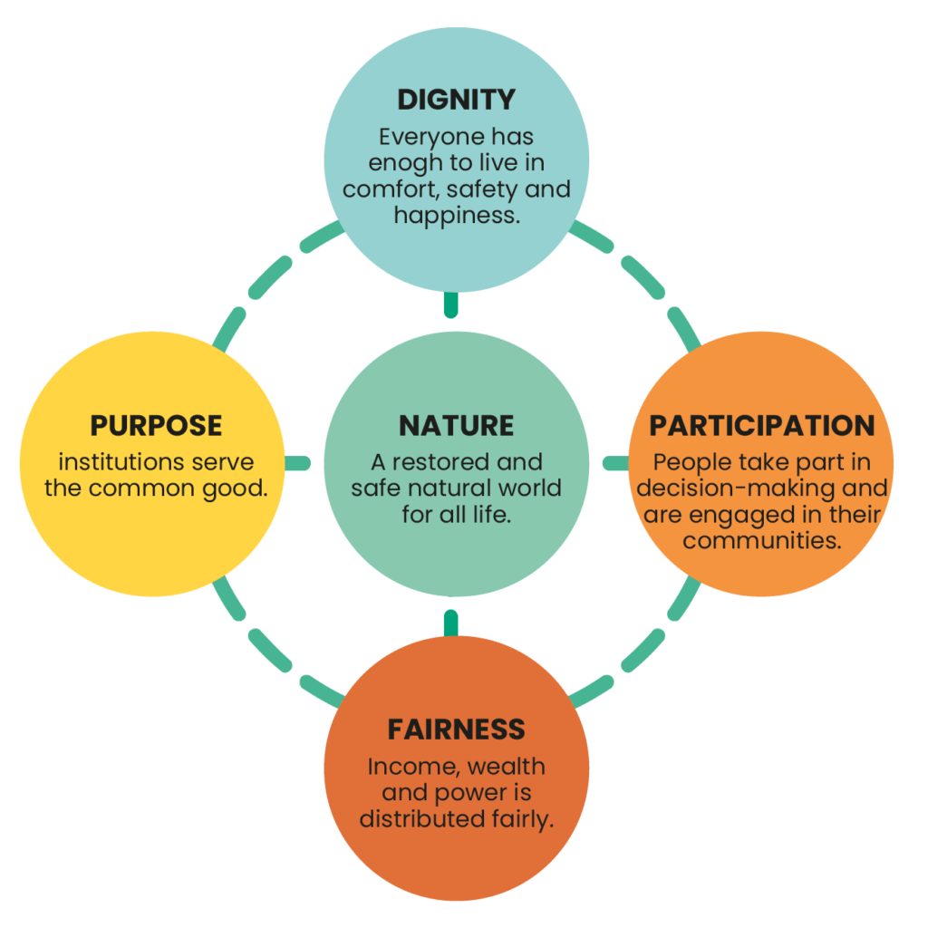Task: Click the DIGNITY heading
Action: tap(457, 99)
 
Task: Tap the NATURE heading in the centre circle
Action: tap(457, 425)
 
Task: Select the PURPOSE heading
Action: tap(156, 425)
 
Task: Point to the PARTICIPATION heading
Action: tap(762, 425)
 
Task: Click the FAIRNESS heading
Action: tap(457, 730)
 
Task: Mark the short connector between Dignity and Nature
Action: tap(451, 304)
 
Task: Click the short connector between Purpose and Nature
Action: tap(297, 463)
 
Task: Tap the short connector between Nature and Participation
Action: tap(616, 463)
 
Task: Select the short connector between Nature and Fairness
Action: tap(451, 623)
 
